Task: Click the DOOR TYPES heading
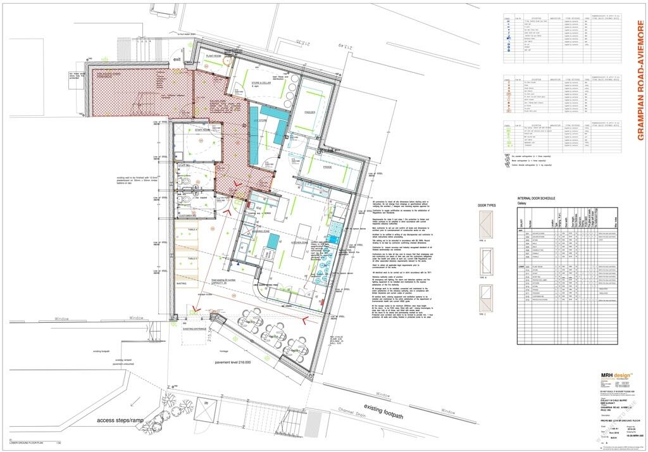point(487,206)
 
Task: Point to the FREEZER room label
point(309,112)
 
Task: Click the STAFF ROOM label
point(184,129)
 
